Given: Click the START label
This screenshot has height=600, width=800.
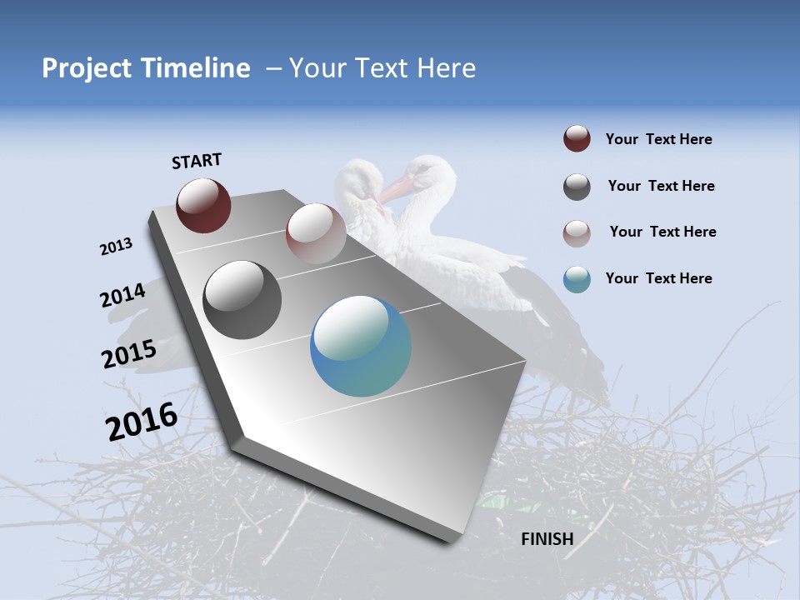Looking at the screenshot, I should (x=197, y=161).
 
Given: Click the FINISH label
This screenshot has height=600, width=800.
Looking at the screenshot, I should (x=547, y=539).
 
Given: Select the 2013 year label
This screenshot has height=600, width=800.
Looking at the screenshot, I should (x=116, y=247).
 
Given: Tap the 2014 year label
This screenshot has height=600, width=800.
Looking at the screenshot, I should (x=122, y=295).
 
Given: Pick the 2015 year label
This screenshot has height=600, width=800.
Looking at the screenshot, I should (x=128, y=354).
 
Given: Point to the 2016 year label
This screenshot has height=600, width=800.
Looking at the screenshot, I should (x=142, y=422).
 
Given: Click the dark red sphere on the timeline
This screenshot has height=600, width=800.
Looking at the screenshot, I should (x=203, y=205).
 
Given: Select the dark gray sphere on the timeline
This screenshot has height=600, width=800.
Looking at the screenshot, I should (x=242, y=300).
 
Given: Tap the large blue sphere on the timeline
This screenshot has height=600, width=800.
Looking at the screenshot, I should (x=361, y=347).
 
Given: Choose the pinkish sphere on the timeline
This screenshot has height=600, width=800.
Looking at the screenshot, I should (x=316, y=233).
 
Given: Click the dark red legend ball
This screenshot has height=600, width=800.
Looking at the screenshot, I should (x=577, y=139).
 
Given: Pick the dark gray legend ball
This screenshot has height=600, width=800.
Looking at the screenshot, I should (x=577, y=187).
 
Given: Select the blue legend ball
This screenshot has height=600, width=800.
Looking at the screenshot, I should (x=577, y=279).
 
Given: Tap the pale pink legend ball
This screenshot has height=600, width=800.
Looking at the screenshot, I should (x=577, y=232).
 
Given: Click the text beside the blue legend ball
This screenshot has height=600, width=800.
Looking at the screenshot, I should (x=658, y=278).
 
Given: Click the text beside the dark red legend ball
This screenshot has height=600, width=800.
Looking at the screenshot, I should (x=658, y=139).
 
